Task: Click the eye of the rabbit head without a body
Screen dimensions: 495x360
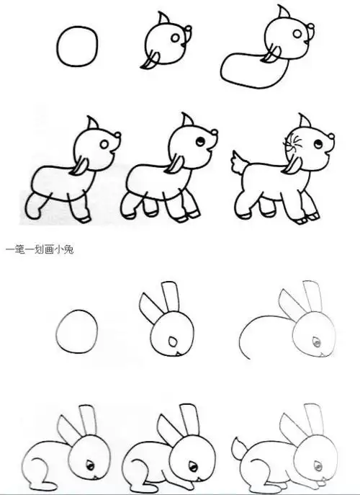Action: tap(171, 342)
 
